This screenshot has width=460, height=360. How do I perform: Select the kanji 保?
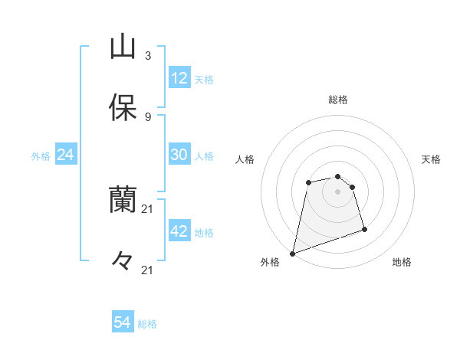(x=123, y=108)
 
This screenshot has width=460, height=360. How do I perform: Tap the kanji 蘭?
(x=123, y=200)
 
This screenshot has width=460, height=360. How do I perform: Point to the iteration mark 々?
(x=123, y=261)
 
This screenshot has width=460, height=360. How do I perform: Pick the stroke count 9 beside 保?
(x=147, y=116)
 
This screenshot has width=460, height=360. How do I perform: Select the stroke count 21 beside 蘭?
(x=148, y=208)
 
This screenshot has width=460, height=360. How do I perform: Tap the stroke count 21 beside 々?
(x=148, y=270)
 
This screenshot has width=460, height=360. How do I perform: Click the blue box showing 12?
(x=179, y=77)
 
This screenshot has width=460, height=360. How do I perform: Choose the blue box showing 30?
(x=179, y=154)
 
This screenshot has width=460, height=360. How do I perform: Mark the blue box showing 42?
(x=179, y=231)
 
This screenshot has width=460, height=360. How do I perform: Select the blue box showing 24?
(x=66, y=155)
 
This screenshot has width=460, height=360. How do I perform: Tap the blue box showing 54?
(x=123, y=322)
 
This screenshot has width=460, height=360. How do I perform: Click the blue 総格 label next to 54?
(x=147, y=324)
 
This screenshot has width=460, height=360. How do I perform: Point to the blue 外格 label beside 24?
(x=41, y=156)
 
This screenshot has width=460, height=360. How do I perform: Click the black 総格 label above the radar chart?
(x=338, y=100)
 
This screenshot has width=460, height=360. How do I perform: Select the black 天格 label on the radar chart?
(x=432, y=159)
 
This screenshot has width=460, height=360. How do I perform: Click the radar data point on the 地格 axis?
(x=364, y=229)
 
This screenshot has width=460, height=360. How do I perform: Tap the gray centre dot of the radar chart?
(x=338, y=191)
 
